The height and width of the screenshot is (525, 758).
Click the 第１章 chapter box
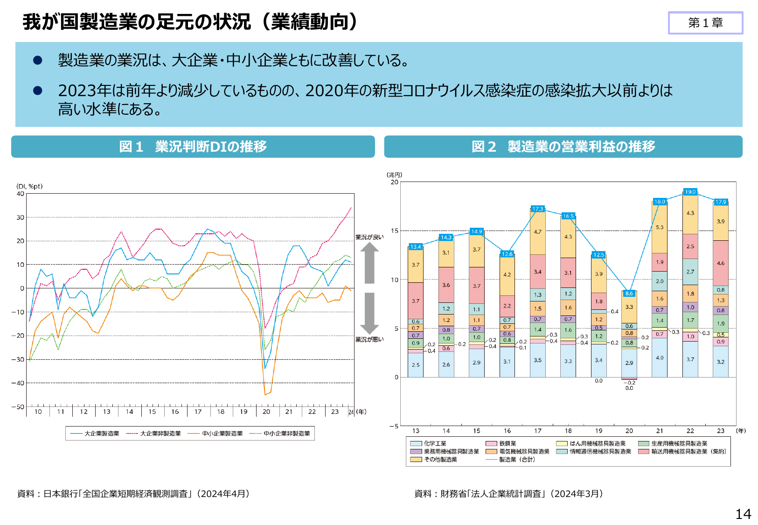coord(705,23)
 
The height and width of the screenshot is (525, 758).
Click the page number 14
coord(743,514)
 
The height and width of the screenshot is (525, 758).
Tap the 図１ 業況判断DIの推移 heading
coord(193,147)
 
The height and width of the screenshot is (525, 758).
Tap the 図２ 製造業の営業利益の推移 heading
coord(563,147)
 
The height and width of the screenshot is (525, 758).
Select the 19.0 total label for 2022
coord(690,192)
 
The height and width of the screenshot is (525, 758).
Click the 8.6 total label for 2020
coord(629,293)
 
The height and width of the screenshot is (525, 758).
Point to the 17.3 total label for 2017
coord(537,209)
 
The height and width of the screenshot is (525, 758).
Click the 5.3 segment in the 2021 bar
coord(660,227)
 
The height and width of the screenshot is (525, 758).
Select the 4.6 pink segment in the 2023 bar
coord(720,263)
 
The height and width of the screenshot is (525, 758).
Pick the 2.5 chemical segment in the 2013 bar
coord(415,365)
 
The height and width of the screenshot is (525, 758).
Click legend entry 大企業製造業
coord(95,434)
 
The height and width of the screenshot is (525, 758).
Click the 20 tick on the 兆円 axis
coord(395,182)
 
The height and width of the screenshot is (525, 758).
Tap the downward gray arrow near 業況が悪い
coord(369,313)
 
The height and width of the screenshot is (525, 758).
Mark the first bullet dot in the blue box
coord(38,60)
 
